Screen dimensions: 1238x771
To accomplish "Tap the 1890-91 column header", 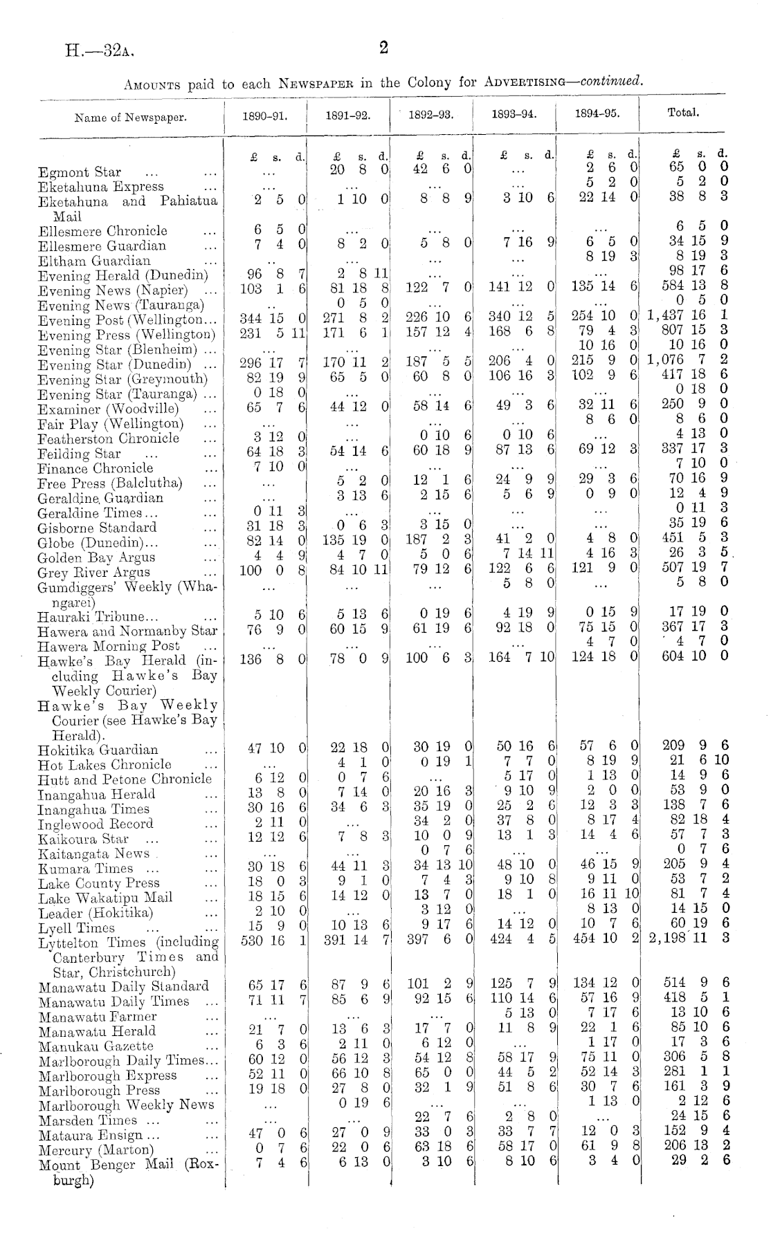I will [x=265, y=116].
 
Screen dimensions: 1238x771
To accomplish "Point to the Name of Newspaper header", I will [x=131, y=117].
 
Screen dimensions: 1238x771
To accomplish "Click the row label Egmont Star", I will [x=80, y=172].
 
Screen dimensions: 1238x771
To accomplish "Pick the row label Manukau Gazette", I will [x=96, y=1046].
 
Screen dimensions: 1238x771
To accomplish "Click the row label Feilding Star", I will [x=80, y=454].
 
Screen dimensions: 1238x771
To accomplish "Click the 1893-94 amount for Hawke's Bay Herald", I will [x=522, y=658].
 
